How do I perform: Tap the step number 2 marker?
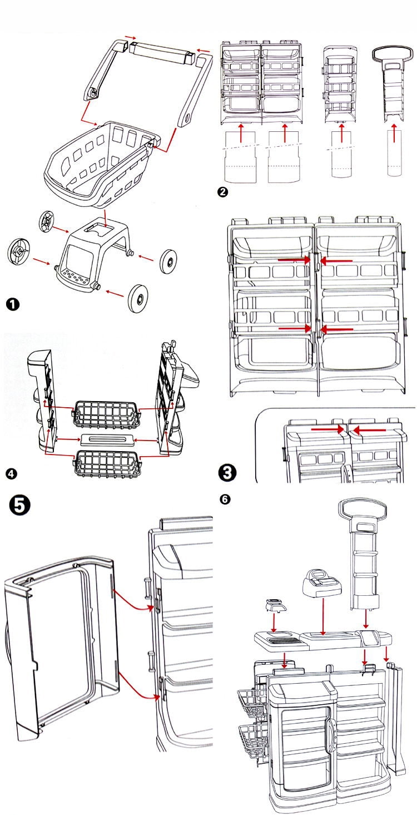click(223, 192)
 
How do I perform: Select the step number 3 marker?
click(229, 473)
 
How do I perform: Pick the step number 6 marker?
click(224, 499)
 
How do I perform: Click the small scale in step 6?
click(275, 605)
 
